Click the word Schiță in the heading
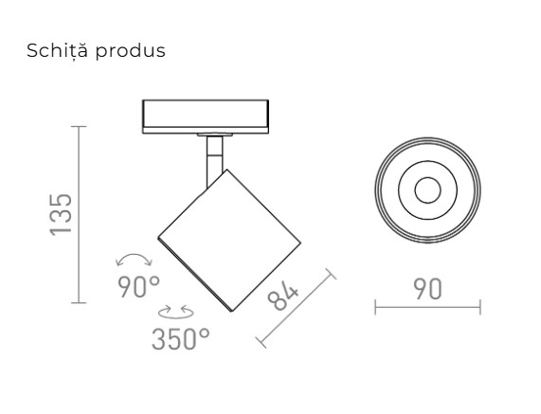click(57, 50)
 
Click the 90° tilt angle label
click(139, 286)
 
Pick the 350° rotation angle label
click(180, 337)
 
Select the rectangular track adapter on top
click(205, 116)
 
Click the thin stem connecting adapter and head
click(212, 159)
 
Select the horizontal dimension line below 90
click(427, 307)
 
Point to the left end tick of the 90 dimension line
click(375, 307)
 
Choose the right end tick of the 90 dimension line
click(479, 307)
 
